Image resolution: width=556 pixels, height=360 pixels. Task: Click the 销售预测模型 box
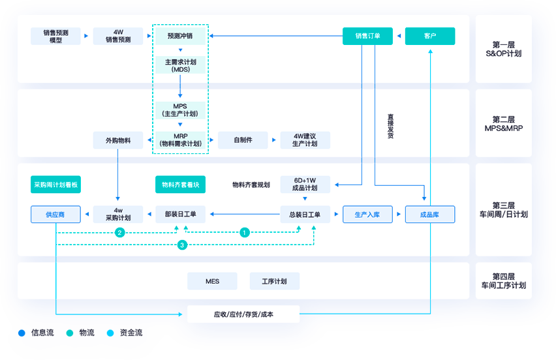pos(55,36)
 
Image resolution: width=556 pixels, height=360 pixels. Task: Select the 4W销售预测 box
pos(118,36)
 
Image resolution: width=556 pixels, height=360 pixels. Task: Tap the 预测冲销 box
pos(180,36)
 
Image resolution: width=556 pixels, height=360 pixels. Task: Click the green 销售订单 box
pos(368,36)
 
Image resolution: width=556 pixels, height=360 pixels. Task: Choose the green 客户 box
pos(430,36)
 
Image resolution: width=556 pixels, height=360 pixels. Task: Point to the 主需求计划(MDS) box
pos(180,65)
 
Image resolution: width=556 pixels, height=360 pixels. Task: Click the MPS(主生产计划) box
pos(180,110)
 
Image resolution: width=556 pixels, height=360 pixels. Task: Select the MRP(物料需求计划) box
pos(180,140)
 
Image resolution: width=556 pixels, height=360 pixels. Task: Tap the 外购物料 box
pos(118,140)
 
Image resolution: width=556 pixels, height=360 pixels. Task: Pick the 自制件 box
pos(243,140)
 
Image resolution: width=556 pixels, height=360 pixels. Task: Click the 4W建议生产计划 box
pos(305,140)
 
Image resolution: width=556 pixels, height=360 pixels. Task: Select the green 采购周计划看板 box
pos(55,185)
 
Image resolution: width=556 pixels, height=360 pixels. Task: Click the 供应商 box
pos(55,214)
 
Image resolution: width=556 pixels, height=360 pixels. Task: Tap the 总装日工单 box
pos(305,214)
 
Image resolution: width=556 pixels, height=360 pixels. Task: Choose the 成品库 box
pos(430,214)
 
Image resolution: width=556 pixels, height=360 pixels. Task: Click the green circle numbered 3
pos(183,245)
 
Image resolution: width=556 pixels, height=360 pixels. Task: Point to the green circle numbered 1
pos(245,232)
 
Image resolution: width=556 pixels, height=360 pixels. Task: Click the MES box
pos(212,281)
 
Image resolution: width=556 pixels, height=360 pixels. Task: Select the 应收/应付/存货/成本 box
pos(243,314)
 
